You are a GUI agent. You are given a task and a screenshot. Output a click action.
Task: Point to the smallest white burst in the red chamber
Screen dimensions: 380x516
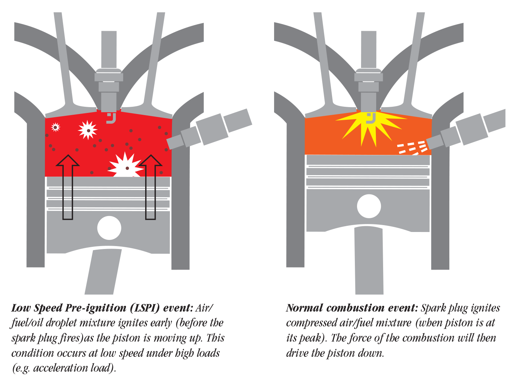55,127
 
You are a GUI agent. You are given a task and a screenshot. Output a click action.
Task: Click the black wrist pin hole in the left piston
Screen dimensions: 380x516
109,228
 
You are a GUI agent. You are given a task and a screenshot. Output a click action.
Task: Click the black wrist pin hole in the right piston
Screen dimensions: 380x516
369,206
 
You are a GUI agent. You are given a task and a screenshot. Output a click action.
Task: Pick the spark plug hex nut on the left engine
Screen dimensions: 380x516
109,77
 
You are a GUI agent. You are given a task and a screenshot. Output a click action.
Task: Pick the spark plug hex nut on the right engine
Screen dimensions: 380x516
369,77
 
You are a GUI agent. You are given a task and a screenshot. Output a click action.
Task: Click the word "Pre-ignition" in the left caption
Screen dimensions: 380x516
96,308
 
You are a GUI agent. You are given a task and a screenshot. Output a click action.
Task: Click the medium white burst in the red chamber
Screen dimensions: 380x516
88,130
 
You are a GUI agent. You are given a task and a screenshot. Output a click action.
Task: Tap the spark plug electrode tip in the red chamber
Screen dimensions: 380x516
111,118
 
